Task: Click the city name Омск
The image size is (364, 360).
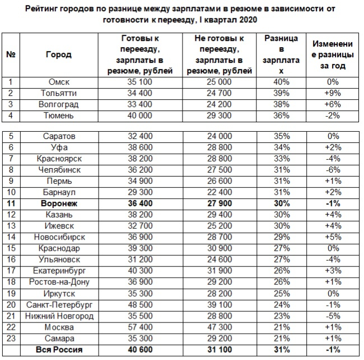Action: (x=59, y=82)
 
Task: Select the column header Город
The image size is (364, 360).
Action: (x=59, y=54)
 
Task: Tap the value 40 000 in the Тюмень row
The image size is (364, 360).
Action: (x=140, y=116)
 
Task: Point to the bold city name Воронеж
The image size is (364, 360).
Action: (x=59, y=204)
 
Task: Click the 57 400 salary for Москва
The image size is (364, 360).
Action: (x=140, y=327)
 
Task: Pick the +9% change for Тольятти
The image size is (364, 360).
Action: (x=333, y=93)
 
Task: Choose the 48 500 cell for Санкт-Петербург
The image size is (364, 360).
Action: (x=140, y=305)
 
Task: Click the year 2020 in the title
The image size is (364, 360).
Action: (x=248, y=20)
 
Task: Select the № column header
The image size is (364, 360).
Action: (x=11, y=54)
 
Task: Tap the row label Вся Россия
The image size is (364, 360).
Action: (x=59, y=350)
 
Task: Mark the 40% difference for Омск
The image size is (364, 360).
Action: (x=281, y=82)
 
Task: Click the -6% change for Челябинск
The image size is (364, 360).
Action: (x=333, y=170)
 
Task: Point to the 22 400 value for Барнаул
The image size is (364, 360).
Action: (x=220, y=192)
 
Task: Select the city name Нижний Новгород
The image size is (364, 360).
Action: (x=59, y=316)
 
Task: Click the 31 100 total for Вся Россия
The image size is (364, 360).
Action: (x=220, y=350)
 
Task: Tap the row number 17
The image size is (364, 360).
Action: (x=11, y=271)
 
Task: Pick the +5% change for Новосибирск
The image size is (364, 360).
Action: (x=333, y=237)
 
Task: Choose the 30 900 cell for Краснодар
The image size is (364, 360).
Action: (x=220, y=248)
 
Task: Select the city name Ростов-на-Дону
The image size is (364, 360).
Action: (x=59, y=282)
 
